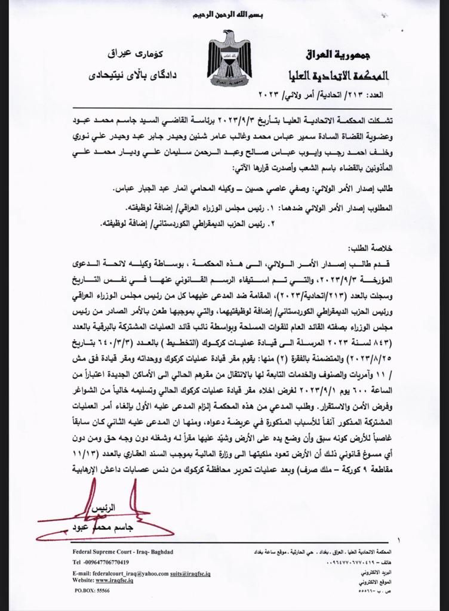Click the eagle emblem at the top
(229, 60)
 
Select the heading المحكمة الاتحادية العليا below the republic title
(337, 76)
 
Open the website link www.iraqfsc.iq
(120, 579)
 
